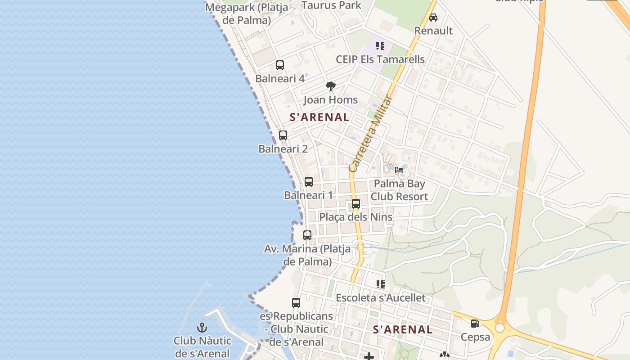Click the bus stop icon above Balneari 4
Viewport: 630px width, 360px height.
[279, 65]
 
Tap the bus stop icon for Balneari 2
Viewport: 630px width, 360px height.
[283, 135]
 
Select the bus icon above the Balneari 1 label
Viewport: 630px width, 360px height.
[308, 182]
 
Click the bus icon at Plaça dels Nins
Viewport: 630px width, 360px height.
[355, 204]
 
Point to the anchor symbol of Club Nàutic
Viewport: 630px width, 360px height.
[202, 328]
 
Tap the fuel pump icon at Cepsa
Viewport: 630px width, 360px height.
[475, 324]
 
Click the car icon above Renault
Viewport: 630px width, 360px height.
[433, 18]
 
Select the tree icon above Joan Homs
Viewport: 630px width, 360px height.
[330, 86]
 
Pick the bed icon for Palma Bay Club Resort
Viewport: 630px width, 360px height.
[399, 170]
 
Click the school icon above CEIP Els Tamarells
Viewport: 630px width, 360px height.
[380, 46]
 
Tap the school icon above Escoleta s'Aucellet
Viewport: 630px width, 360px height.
[380, 284]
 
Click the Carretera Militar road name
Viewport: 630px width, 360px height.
[371, 134]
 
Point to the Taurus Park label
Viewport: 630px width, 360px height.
[331, 5]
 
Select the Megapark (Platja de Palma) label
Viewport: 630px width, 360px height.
[247, 14]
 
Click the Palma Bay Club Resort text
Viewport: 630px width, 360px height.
[399, 190]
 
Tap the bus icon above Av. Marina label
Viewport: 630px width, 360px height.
[307, 235]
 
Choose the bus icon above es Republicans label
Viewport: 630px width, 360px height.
[296, 303]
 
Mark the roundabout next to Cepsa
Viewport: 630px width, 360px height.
[499, 328]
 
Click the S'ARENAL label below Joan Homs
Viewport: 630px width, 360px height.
[319, 117]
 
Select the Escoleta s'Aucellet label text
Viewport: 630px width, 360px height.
[380, 298]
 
